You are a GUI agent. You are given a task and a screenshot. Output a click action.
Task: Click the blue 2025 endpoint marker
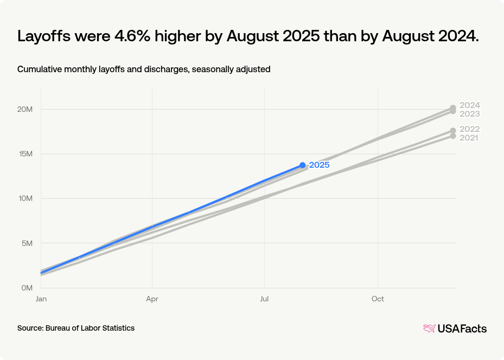[x=302, y=165]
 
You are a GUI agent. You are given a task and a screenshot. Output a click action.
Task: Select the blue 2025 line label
[x=320, y=165]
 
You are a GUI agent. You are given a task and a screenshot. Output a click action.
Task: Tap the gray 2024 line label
[x=469, y=105]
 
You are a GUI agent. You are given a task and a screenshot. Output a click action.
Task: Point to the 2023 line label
[x=469, y=114]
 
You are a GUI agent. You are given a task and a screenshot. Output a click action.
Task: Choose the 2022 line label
[x=469, y=129]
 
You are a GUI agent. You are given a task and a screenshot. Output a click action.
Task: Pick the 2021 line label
[x=469, y=138]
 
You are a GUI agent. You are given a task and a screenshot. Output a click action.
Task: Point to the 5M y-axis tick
[x=27, y=243]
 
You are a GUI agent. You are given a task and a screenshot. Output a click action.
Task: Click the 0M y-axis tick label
[x=27, y=287]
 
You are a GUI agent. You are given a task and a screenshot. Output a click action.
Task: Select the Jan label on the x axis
[x=41, y=299]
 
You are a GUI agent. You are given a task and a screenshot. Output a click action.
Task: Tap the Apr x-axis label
[x=152, y=299]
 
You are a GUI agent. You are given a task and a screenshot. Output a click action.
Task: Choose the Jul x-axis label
[x=264, y=299]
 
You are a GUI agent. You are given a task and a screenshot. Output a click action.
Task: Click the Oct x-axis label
[x=378, y=299]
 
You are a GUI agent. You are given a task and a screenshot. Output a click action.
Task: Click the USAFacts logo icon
[x=429, y=329]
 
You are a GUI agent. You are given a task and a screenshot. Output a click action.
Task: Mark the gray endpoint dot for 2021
[x=452, y=136]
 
